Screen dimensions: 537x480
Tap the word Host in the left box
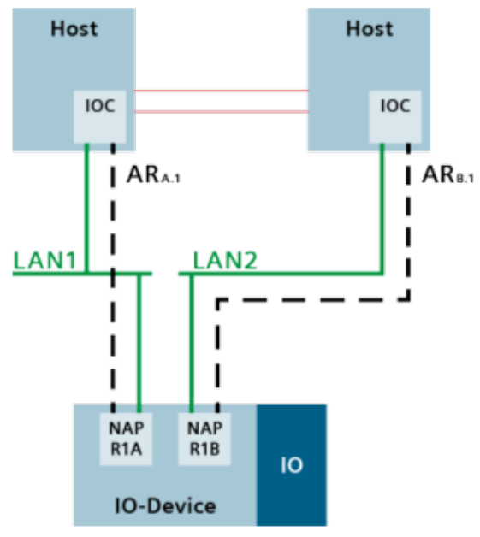click(74, 29)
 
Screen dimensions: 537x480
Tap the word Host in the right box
click(369, 29)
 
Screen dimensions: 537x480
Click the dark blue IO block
click(291, 465)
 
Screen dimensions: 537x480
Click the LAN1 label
click(45, 258)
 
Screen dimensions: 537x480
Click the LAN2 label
click(227, 258)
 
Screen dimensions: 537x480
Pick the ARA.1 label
click(154, 176)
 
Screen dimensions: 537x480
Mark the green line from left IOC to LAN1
click(86, 205)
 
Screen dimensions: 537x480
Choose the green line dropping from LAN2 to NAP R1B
click(191, 342)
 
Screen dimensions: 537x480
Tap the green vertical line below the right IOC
click(381, 205)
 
